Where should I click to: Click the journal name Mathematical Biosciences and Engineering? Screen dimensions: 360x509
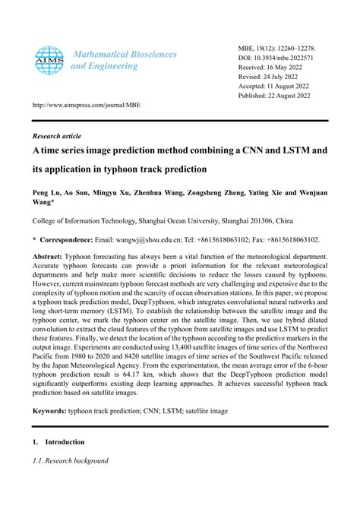(123, 60)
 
